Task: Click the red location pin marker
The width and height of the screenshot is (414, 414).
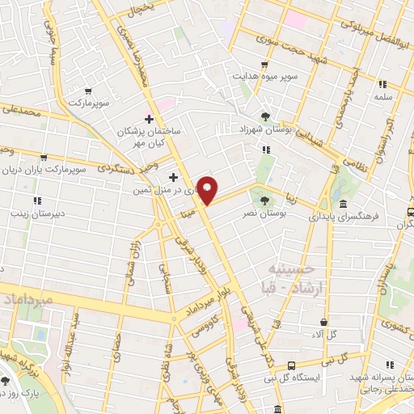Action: point(208,190)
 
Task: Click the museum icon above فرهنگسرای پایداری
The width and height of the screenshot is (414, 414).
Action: point(344,204)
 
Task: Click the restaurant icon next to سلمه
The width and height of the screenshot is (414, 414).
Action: point(383,83)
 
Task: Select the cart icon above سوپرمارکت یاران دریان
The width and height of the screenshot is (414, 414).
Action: point(44,158)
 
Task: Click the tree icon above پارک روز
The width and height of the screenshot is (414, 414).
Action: point(6,380)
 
